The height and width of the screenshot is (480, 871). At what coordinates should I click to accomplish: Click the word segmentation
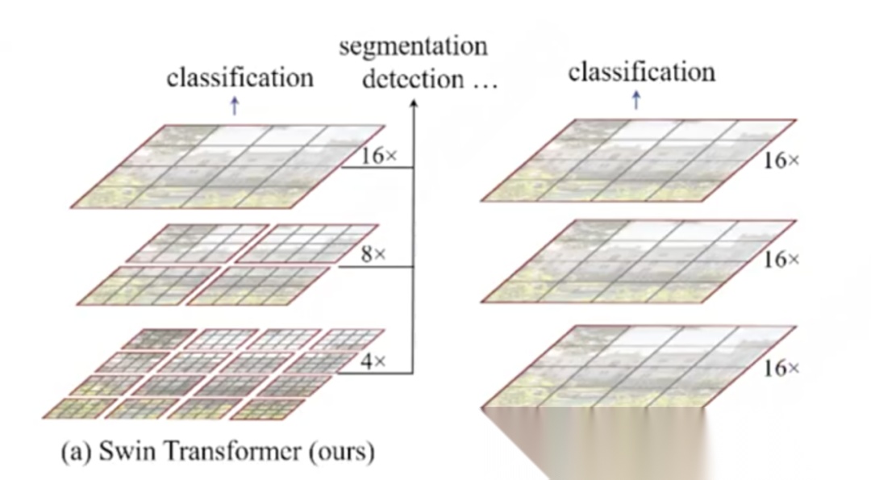tap(413, 47)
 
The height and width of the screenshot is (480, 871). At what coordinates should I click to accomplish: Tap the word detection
tap(413, 80)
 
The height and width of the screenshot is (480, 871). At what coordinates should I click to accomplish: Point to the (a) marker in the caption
tap(77, 452)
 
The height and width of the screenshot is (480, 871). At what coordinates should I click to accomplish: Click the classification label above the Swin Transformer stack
tap(240, 78)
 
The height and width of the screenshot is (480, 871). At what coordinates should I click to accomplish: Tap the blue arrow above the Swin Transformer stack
tap(235, 106)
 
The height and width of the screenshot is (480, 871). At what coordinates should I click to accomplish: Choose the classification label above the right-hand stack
tap(641, 73)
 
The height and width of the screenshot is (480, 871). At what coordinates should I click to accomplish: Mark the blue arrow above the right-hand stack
tap(636, 100)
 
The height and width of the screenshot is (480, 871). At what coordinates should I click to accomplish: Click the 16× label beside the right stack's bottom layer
tap(781, 369)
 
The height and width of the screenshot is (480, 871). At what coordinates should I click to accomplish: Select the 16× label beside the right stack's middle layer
tap(781, 260)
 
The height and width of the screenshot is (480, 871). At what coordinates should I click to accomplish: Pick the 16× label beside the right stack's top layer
tap(781, 161)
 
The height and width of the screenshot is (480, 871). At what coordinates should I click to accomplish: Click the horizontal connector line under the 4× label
tap(376, 374)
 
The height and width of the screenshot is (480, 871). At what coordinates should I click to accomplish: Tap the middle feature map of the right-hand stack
tap(637, 260)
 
